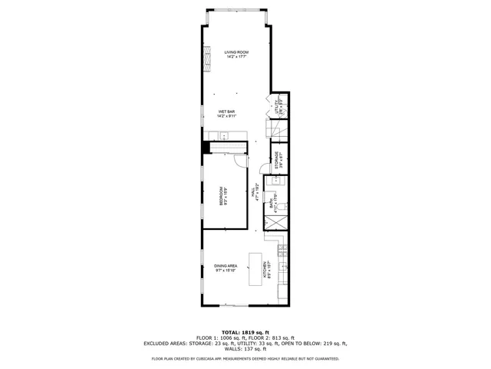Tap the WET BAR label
[226, 112]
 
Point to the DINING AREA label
[226, 266]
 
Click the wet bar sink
[225, 136]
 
